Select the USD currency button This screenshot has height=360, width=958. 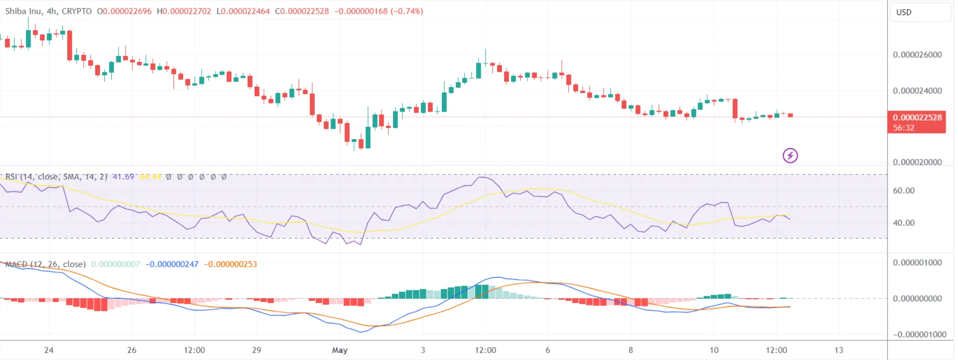pyautogui.click(x=904, y=12)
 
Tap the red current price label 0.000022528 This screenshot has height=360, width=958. pyautogui.click(x=917, y=118)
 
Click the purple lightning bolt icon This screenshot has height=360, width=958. pyautogui.click(x=790, y=156)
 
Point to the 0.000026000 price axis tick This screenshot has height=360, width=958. pyautogui.click(x=917, y=55)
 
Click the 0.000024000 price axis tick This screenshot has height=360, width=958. pyautogui.click(x=917, y=91)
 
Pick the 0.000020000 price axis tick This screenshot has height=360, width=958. pyautogui.click(x=917, y=162)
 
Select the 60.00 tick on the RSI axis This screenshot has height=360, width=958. pyautogui.click(x=904, y=191)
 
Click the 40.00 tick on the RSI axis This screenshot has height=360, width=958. pyautogui.click(x=904, y=223)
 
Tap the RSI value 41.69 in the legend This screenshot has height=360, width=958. pyautogui.click(x=123, y=177)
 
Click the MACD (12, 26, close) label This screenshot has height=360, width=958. pyautogui.click(x=45, y=264)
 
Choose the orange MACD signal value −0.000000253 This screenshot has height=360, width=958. pyautogui.click(x=230, y=264)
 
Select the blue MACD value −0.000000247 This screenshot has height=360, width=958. pyautogui.click(x=172, y=264)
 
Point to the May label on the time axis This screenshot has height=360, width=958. pyautogui.click(x=339, y=350)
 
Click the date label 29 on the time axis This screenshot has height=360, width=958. pyautogui.click(x=256, y=350)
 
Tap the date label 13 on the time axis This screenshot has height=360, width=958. pyautogui.click(x=838, y=350)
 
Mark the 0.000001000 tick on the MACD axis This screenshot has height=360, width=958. pyautogui.click(x=917, y=263)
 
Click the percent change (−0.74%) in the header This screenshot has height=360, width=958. pyautogui.click(x=407, y=11)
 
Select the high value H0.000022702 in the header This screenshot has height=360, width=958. pyautogui.click(x=184, y=11)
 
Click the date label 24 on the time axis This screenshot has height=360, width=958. pyautogui.click(x=49, y=350)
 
